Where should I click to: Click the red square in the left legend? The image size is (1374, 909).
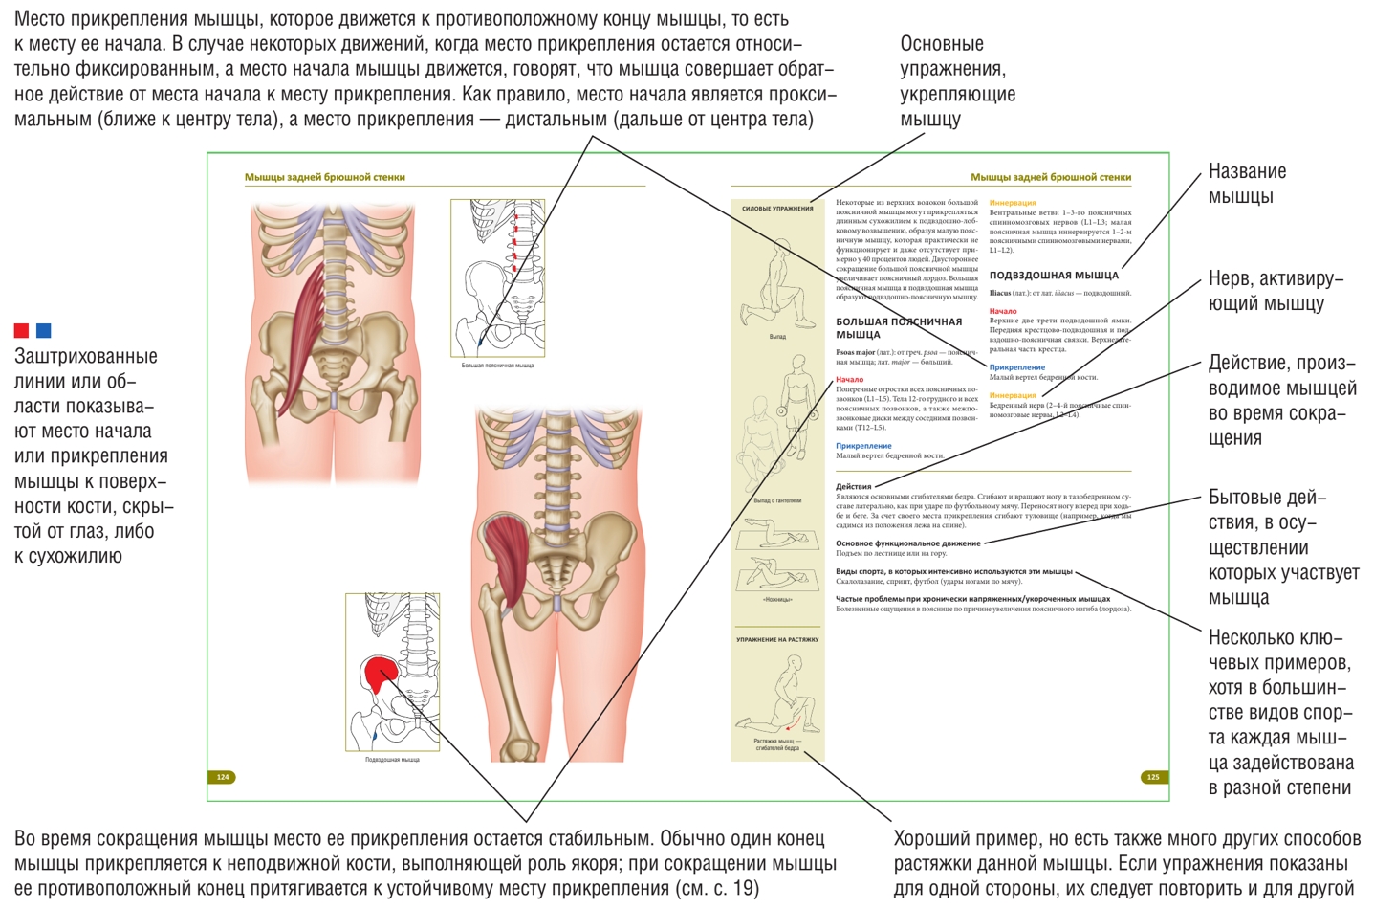tap(21, 331)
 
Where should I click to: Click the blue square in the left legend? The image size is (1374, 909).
tap(43, 331)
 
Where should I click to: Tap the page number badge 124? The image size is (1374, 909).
tap(223, 777)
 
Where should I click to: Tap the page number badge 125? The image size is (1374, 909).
tap(1152, 777)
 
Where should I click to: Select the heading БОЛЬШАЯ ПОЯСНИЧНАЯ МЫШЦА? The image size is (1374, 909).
tap(898, 328)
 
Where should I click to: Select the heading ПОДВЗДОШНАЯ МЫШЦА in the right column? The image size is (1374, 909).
tap(1053, 276)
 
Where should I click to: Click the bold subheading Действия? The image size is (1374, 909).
tap(853, 487)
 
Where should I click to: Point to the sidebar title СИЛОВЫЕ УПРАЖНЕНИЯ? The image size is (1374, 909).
tap(777, 209)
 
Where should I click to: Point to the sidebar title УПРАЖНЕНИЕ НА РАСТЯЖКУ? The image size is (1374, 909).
tap(777, 640)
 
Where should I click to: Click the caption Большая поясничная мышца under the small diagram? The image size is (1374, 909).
tap(497, 366)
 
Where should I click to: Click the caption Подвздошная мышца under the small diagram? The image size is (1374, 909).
tap(392, 760)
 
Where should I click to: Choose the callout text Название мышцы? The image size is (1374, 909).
tap(1247, 184)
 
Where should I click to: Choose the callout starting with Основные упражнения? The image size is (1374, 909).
tap(957, 81)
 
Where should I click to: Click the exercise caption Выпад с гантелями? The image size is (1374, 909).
tap(777, 500)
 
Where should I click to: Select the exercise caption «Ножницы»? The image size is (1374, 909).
tap(777, 600)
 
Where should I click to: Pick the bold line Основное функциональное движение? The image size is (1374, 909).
tap(907, 543)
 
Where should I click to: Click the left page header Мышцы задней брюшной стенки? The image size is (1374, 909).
tap(324, 177)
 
